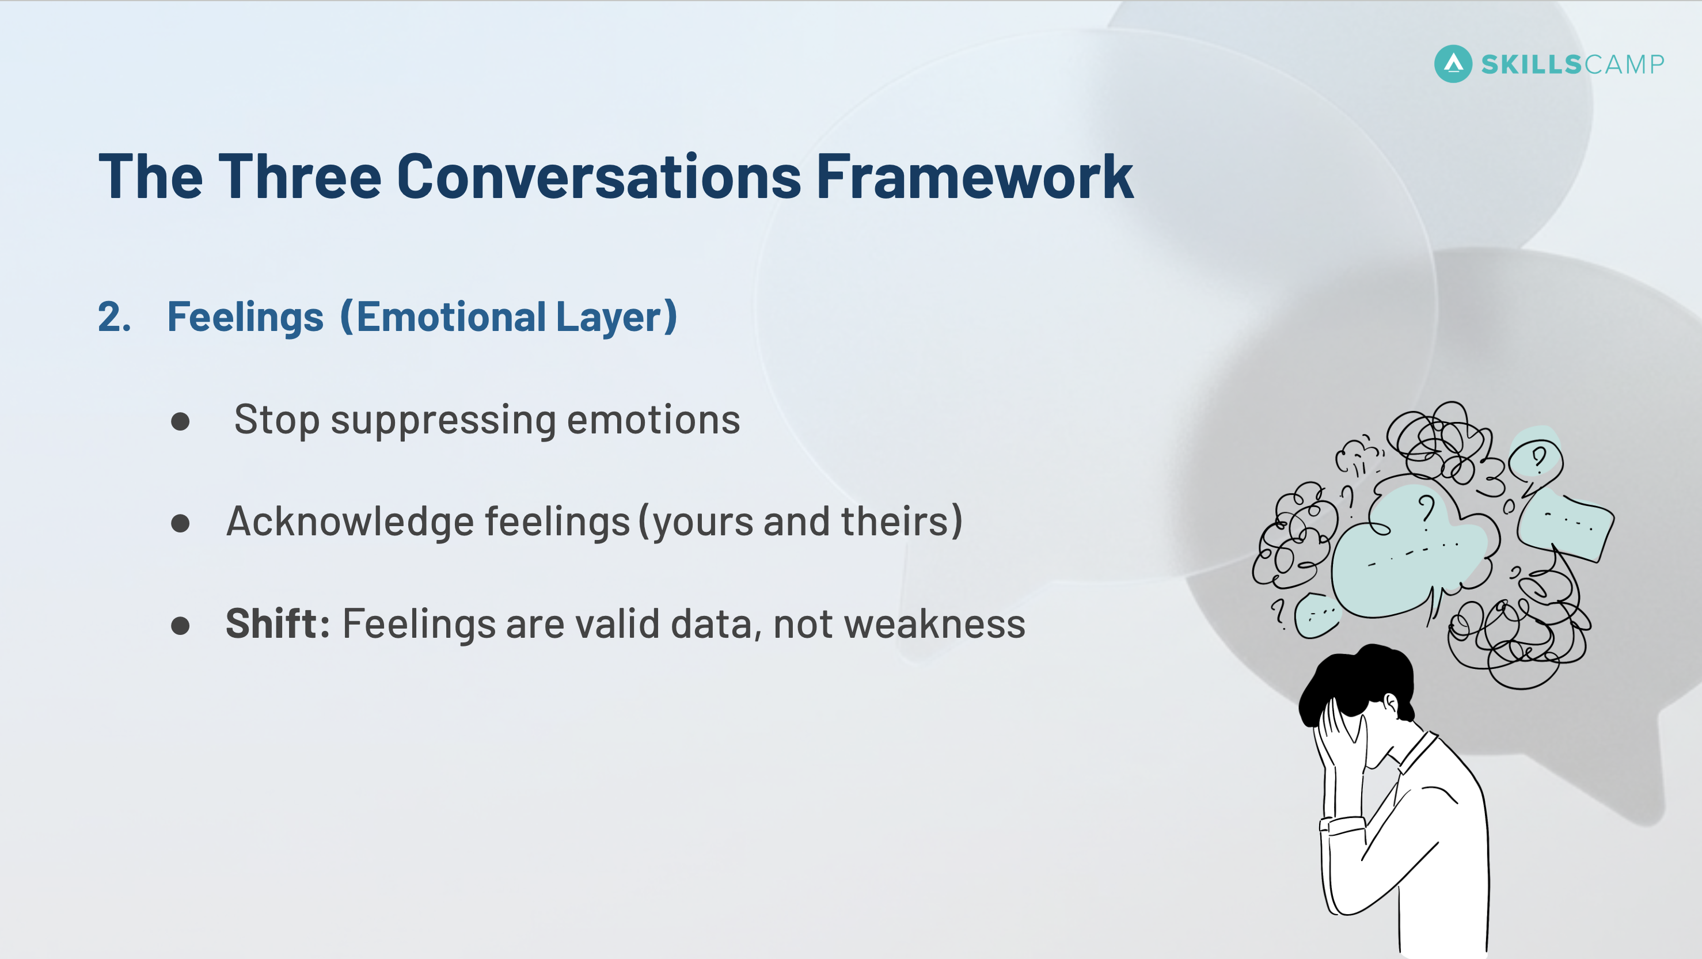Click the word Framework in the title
[975, 177]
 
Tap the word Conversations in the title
[599, 177]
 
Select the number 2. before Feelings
[113, 317]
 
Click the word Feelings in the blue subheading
[245, 317]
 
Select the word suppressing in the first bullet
[443, 420]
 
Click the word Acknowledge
[349, 522]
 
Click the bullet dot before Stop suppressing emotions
[180, 422]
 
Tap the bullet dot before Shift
[180, 626]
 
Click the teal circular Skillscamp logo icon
[1453, 64]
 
